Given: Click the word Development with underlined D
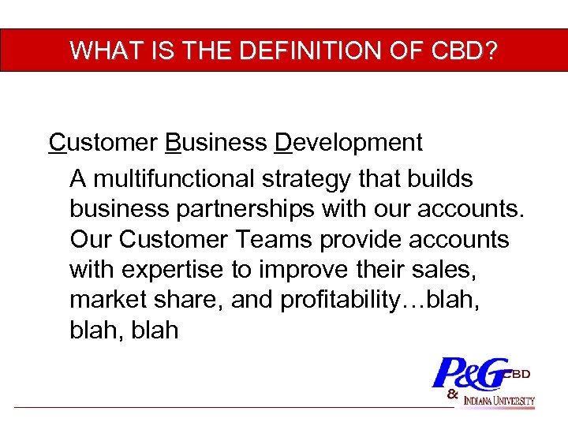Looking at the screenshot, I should click(x=349, y=143).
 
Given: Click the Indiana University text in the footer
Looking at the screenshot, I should click(x=499, y=401).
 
